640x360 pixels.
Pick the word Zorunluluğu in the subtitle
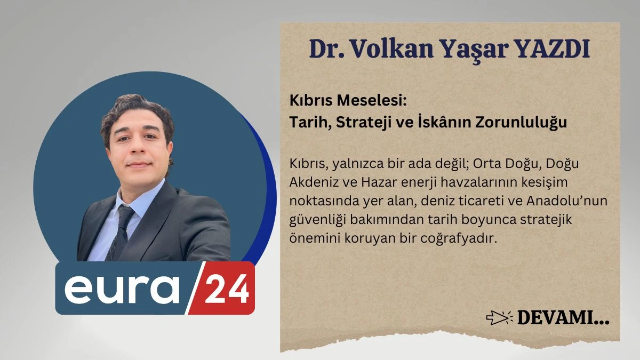pos(518,122)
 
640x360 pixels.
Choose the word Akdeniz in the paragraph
pos(310,182)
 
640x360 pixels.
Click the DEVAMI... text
pos(563,319)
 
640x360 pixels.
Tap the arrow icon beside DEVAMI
pos(499,318)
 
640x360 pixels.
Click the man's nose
pos(139,150)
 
